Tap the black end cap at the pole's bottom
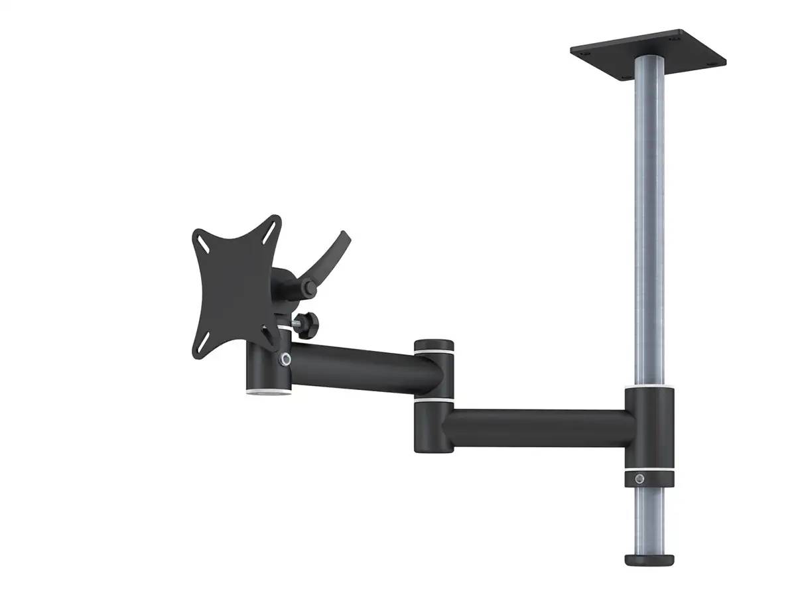point(649,559)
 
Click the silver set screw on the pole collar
point(639,479)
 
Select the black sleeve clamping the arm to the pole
point(649,428)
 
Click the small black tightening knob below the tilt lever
point(308,324)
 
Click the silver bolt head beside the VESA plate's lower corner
point(285,359)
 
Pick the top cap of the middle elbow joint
point(434,347)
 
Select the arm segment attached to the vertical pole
point(537,428)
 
